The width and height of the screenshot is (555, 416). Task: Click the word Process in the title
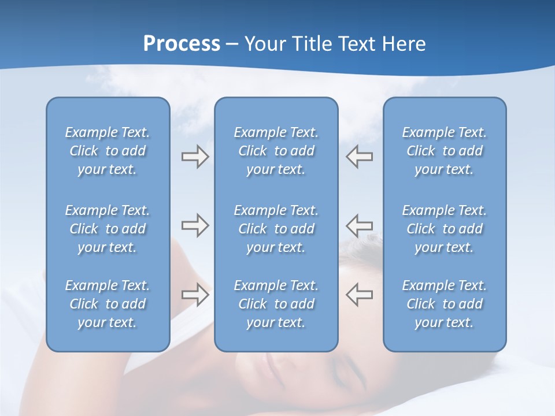tap(182, 44)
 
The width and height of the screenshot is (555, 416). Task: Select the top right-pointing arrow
tap(195, 157)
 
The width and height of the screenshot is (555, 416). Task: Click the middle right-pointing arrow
tap(195, 225)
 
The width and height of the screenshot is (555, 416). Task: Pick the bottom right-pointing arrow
tap(195, 294)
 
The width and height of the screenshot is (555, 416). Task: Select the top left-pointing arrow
tap(359, 157)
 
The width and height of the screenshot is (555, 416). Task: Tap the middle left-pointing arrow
tap(359, 225)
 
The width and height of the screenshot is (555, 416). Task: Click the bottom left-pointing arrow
tap(359, 294)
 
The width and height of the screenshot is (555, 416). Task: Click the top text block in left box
tap(108, 151)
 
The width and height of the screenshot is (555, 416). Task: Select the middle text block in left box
tap(108, 229)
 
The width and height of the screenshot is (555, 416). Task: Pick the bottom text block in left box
tap(108, 304)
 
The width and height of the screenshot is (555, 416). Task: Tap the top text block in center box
tap(276, 151)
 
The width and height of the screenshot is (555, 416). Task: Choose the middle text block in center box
tap(276, 229)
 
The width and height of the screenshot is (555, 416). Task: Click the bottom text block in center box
tap(276, 304)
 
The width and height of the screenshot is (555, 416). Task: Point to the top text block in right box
tap(444, 151)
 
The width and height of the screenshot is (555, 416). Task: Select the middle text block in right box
tap(444, 229)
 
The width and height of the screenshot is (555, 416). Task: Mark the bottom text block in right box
tap(444, 304)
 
